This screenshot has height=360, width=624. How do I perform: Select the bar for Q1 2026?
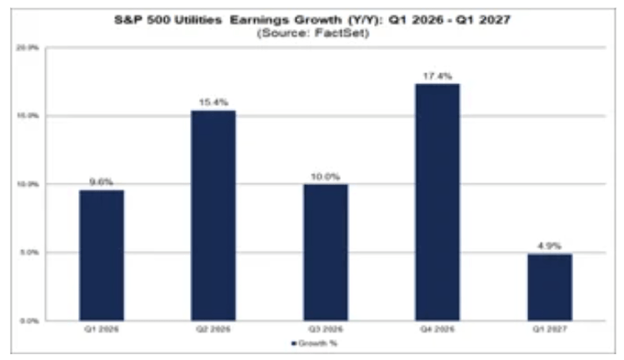(x=102, y=254)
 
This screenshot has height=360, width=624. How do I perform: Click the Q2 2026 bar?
(x=213, y=215)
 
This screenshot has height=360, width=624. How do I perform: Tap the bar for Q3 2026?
(x=326, y=252)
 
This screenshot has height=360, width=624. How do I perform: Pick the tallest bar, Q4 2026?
(x=437, y=202)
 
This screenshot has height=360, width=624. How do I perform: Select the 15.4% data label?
(x=213, y=102)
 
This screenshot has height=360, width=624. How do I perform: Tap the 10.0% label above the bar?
(x=326, y=177)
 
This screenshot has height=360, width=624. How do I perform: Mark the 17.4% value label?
(x=437, y=76)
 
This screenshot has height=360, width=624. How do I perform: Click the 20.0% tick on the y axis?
(x=28, y=48)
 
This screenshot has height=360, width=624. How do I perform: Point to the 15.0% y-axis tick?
(x=28, y=116)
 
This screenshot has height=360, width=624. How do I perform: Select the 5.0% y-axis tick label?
(x=28, y=252)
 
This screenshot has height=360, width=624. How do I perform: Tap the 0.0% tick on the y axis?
(x=30, y=320)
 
